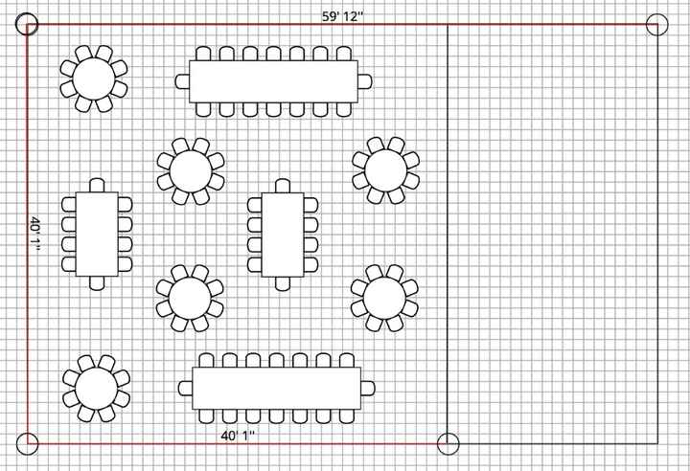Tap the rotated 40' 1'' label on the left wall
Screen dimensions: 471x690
[35, 235]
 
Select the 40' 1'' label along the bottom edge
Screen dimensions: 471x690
[238, 436]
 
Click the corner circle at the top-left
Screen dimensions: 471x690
[27, 25]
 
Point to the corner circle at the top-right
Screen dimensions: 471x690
[657, 25]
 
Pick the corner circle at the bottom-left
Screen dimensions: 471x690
[27, 443]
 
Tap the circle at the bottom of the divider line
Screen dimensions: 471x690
[448, 443]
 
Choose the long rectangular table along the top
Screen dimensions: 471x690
[273, 80]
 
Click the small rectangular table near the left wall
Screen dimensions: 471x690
[97, 234]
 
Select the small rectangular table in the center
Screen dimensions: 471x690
[283, 234]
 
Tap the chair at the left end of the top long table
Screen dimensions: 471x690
[182, 80]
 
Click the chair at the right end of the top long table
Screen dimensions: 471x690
[364, 80]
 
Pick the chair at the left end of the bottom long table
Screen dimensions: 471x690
[186, 388]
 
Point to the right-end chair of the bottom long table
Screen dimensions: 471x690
[367, 388]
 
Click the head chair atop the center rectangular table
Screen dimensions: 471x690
[283, 186]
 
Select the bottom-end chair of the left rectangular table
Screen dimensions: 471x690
[97, 282]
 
